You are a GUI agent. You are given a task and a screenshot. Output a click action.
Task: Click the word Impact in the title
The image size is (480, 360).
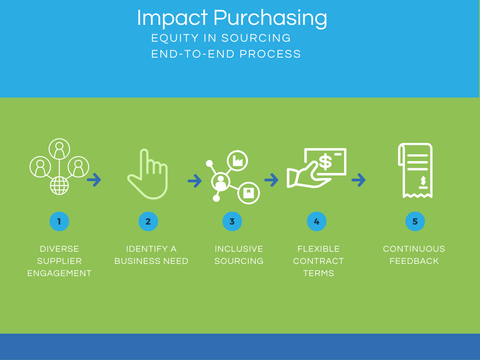pyautogui.click(x=172, y=18)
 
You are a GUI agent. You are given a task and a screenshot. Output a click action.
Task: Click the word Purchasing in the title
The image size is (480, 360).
pyautogui.click(x=270, y=18)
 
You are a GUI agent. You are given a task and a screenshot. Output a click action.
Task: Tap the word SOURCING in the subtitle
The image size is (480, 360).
pyautogui.click(x=256, y=38)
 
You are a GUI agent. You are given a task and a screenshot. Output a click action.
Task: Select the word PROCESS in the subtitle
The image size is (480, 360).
pyautogui.click(x=270, y=54)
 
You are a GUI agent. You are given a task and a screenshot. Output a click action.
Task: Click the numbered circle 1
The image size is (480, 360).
pyautogui.click(x=60, y=221)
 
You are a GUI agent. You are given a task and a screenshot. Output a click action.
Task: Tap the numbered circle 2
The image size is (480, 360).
pyautogui.click(x=148, y=221)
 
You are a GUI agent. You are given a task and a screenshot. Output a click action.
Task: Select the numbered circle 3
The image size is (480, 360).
pyautogui.click(x=232, y=221)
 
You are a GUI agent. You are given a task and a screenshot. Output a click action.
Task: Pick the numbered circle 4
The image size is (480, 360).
pyautogui.click(x=316, y=221)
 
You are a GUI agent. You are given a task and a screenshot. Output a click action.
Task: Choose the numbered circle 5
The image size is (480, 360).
pyautogui.click(x=415, y=221)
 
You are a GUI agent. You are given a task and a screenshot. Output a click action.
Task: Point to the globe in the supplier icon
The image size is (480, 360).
pyautogui.click(x=60, y=186)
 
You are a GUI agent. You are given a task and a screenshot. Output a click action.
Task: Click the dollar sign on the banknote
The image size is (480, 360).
pyautogui.click(x=325, y=162)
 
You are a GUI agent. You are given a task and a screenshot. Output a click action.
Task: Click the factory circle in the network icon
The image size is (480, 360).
pyautogui.click(x=237, y=161)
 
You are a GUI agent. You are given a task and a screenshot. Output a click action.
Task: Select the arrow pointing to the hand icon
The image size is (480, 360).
pyautogui.click(x=94, y=180)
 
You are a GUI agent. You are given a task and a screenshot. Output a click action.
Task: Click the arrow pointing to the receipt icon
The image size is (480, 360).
pyautogui.click(x=359, y=180)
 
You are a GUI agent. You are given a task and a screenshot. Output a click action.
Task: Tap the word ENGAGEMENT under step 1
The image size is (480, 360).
pyautogui.click(x=60, y=273)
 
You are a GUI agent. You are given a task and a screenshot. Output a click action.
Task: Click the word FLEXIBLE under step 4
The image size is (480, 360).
pyautogui.click(x=318, y=249)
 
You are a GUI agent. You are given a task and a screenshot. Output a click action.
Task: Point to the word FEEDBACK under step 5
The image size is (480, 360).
pyautogui.click(x=414, y=261)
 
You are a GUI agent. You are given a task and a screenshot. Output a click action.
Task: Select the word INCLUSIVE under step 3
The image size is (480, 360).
pyautogui.click(x=239, y=249)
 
